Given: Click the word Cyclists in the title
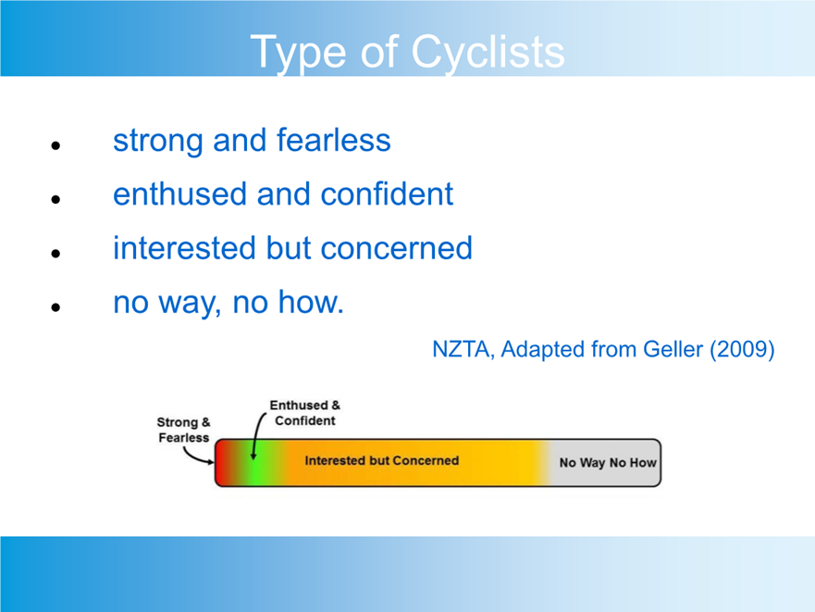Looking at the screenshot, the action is coord(488,53).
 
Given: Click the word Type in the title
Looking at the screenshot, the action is coord(299,53).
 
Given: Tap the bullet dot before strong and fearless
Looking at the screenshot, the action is coord(56,145).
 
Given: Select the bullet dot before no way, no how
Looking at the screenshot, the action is coord(56,307).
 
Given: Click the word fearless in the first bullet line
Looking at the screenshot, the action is coord(333,140).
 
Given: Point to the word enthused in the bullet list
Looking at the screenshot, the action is coord(179,194).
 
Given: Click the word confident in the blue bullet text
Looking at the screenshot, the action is coord(387,194).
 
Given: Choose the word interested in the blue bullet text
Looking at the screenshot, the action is coord(184,248).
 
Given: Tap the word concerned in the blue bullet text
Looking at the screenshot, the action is coord(397,248).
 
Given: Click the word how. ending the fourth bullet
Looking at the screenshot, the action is coord(311,302).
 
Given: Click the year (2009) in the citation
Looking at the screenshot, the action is coord(742,349).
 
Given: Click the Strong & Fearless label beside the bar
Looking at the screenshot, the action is coord(183,430).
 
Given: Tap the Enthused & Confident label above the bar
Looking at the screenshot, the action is coord(305,413).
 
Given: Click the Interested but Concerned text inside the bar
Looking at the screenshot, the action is coord(381,460).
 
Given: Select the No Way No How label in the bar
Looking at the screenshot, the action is coord(608,463).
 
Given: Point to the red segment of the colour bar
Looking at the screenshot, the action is coord(224,463).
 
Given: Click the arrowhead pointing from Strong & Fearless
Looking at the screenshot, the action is coord(211,462).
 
